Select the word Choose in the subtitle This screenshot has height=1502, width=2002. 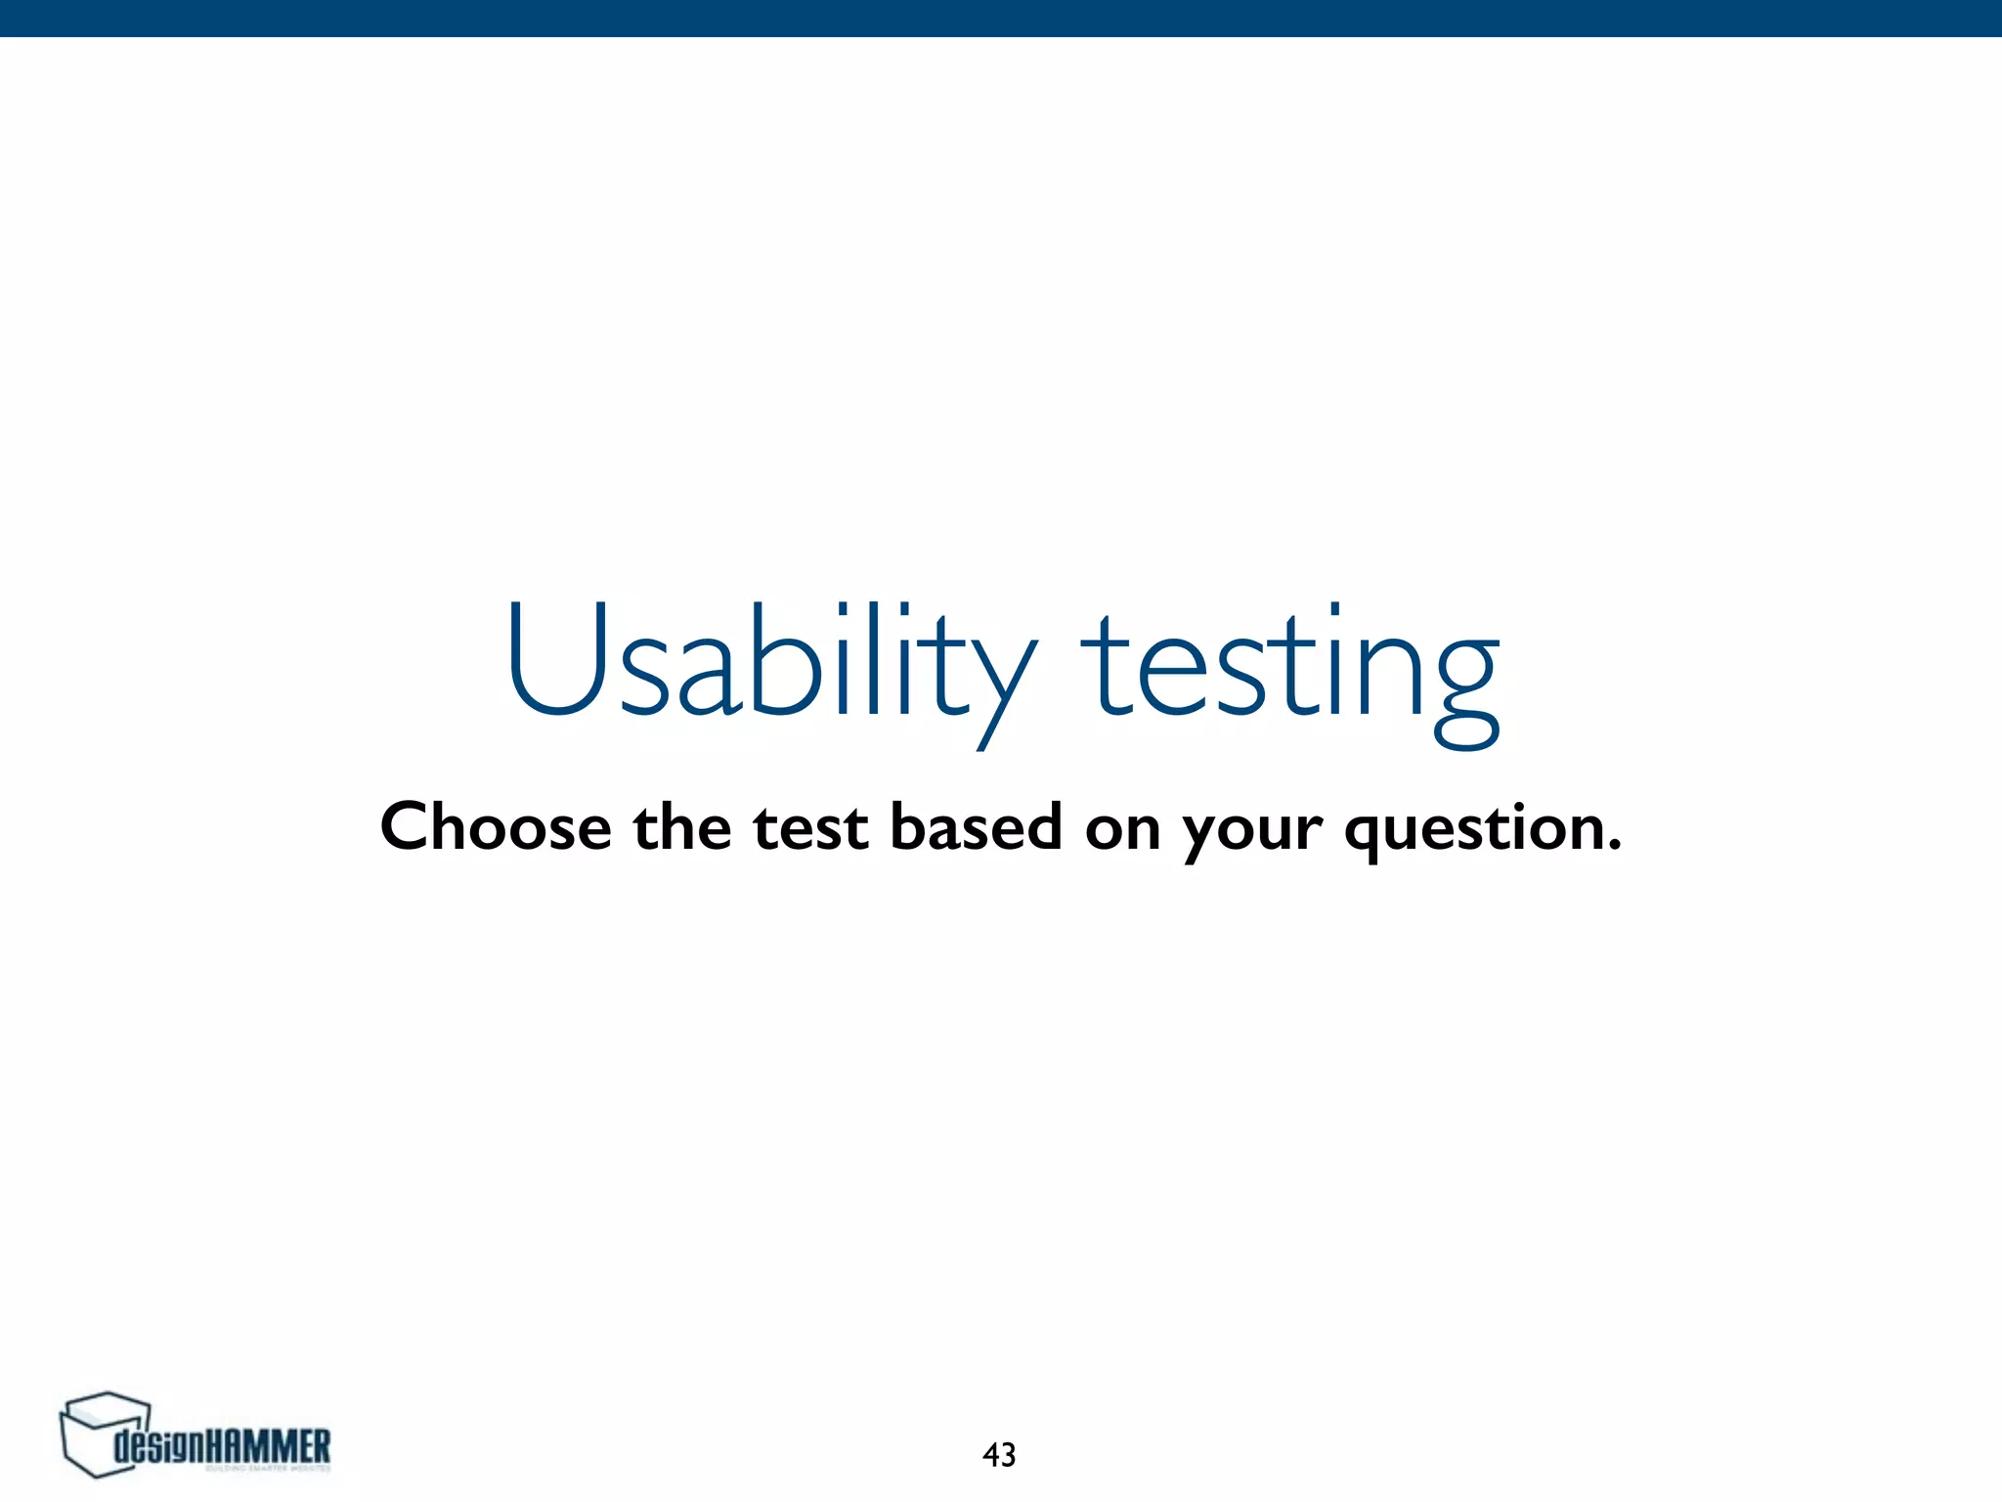tap(496, 827)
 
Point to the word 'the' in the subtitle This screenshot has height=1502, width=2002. tap(681, 827)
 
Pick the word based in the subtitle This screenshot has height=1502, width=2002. tap(976, 827)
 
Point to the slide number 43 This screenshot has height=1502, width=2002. tap(999, 1455)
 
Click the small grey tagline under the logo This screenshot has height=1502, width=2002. tap(268, 1468)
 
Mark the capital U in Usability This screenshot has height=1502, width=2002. tap(558, 659)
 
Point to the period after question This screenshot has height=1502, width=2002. tap(1614, 844)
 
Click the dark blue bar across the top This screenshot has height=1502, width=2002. tap(1001, 18)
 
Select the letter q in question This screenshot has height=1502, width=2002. tap(1367, 835)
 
